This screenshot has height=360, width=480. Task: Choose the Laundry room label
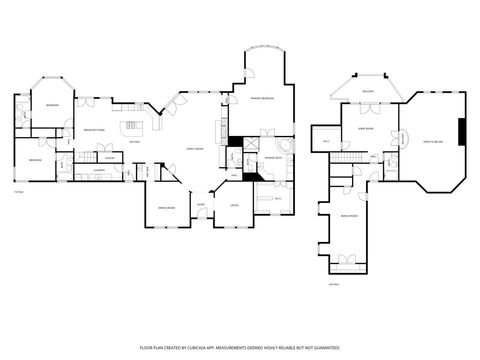(x=73, y=170)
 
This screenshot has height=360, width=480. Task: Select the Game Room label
(x=366, y=129)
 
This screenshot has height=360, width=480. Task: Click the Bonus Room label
(x=350, y=216)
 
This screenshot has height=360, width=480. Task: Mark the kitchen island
(x=132, y=126)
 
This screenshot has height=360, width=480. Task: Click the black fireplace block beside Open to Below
(x=461, y=132)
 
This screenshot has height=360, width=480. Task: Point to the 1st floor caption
(x=18, y=191)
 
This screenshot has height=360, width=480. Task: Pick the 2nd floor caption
(x=334, y=285)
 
